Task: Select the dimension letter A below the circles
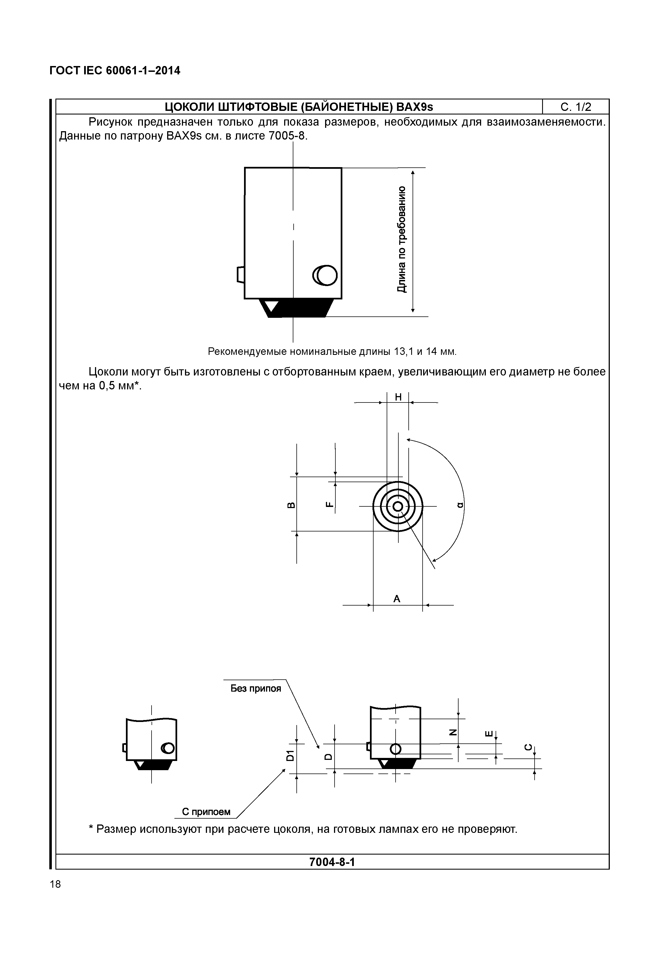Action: (397, 599)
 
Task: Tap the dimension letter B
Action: (290, 505)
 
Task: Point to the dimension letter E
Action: (489, 733)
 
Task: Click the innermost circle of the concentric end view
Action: (398, 506)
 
